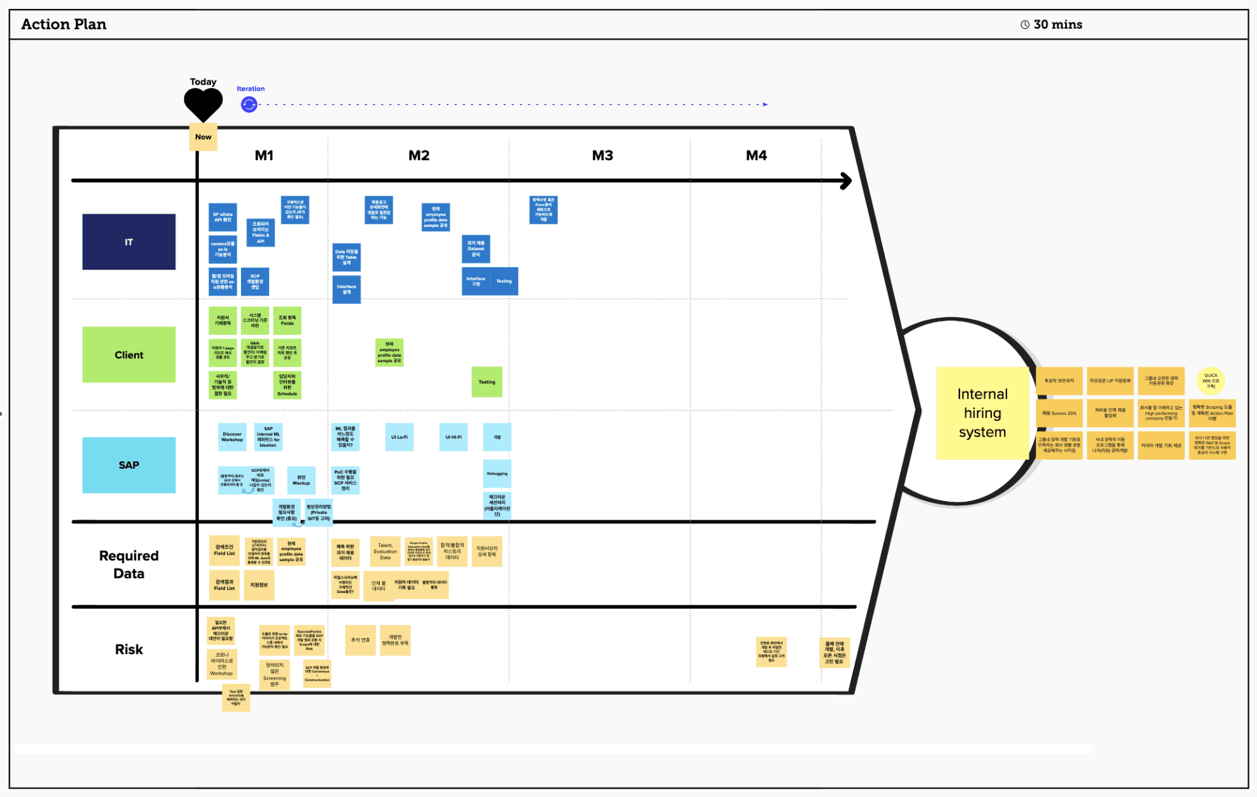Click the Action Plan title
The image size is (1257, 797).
click(64, 24)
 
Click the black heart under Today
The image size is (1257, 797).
click(203, 104)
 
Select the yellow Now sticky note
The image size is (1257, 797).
click(203, 137)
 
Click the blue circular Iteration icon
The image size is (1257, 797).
click(249, 105)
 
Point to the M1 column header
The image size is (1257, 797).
click(264, 156)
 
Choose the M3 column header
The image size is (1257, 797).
click(602, 156)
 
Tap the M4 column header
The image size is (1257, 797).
click(757, 156)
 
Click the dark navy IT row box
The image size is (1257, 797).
click(129, 242)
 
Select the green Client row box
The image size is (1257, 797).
click(129, 355)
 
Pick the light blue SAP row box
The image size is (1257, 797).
click(129, 465)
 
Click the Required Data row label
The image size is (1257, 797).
click(129, 564)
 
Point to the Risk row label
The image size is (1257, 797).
click(129, 649)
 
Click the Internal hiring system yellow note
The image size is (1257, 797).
click(982, 413)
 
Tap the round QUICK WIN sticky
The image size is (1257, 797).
click(1210, 381)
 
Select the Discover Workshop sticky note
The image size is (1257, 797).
click(232, 437)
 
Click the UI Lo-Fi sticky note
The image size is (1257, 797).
click(399, 437)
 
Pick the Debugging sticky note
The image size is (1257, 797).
click(497, 474)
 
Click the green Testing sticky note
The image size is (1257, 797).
click(487, 382)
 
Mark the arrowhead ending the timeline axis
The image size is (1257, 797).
click(847, 181)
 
